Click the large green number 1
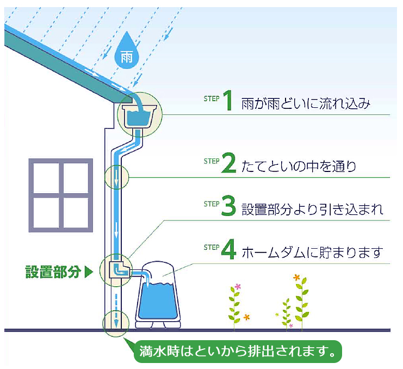[x=228, y=102]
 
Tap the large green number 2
[x=228, y=164]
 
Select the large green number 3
[x=228, y=208]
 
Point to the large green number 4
[x=229, y=251]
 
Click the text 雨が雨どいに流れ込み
[x=306, y=103]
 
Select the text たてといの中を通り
[x=299, y=165]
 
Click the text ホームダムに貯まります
[x=312, y=253]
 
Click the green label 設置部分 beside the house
[x=53, y=272]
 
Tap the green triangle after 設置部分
[x=89, y=272]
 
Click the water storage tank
[x=158, y=297]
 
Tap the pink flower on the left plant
[x=237, y=287]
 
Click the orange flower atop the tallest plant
[x=296, y=278]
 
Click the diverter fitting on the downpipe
[x=119, y=268]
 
